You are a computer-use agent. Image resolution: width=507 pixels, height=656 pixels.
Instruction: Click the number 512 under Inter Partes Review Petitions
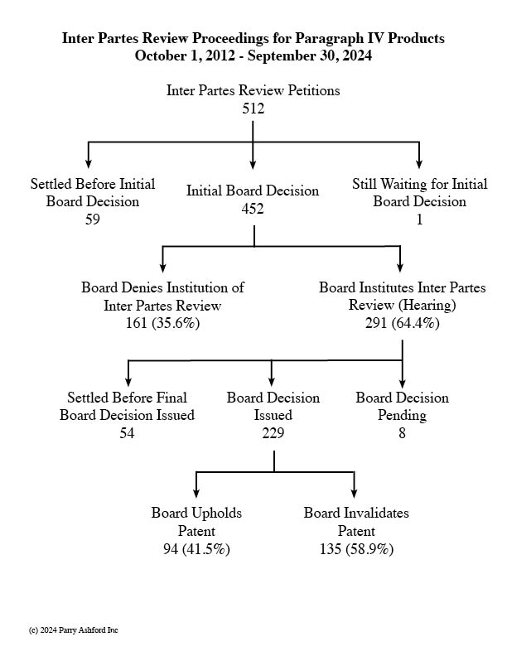[x=253, y=109]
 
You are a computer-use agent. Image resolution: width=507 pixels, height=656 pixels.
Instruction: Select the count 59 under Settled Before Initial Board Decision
[x=93, y=219]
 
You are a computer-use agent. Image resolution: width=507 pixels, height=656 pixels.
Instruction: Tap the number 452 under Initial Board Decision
[x=253, y=209]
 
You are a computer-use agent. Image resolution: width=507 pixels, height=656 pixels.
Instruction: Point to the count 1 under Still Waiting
[x=419, y=219]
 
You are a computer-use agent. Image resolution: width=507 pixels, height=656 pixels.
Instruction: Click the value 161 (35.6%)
[x=162, y=323]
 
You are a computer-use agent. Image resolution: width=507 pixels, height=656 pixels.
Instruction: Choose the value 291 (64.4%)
[x=403, y=323]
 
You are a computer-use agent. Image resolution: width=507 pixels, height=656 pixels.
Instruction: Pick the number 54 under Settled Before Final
[x=127, y=432]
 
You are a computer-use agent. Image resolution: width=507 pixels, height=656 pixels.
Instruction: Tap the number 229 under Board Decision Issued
[x=273, y=432]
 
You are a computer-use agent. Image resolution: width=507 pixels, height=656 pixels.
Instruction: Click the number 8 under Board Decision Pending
[x=402, y=432]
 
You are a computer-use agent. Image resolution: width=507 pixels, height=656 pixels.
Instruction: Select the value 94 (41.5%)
[x=196, y=549]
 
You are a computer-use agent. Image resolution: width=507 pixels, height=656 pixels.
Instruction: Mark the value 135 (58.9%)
[x=356, y=549]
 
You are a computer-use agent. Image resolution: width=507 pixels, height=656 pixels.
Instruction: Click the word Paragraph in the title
[x=330, y=38]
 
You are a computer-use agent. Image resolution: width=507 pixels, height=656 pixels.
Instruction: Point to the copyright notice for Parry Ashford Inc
[x=73, y=630]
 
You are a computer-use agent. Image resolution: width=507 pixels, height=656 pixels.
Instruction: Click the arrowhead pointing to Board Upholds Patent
[x=196, y=493]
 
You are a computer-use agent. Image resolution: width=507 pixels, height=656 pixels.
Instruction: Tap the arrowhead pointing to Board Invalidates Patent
[x=355, y=493]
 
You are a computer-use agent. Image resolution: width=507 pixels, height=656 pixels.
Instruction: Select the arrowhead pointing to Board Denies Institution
[x=162, y=267]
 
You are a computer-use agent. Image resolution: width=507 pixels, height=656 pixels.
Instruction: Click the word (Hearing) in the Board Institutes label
[x=427, y=305]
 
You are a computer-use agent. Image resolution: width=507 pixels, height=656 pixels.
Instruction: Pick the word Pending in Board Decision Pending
[x=402, y=415]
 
